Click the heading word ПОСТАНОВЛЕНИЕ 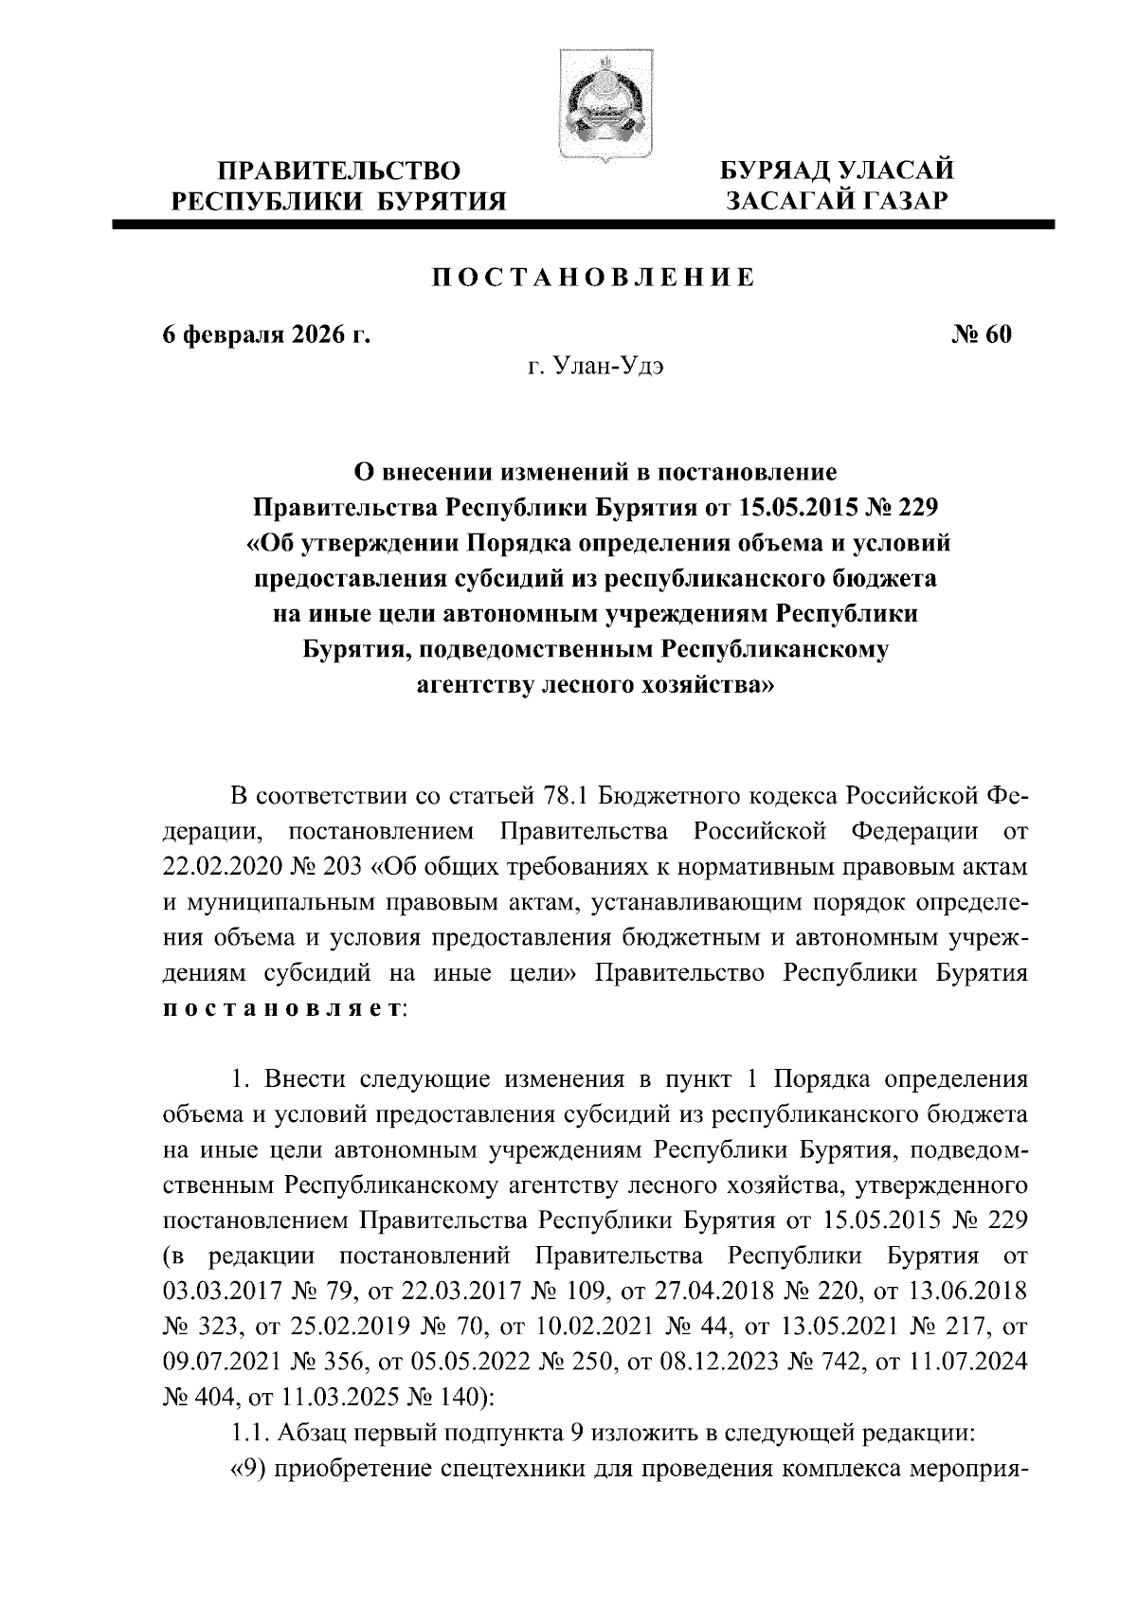pyautogui.click(x=594, y=277)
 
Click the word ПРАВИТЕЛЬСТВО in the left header pyautogui.click(x=339, y=172)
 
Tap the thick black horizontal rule pyautogui.click(x=583, y=225)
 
